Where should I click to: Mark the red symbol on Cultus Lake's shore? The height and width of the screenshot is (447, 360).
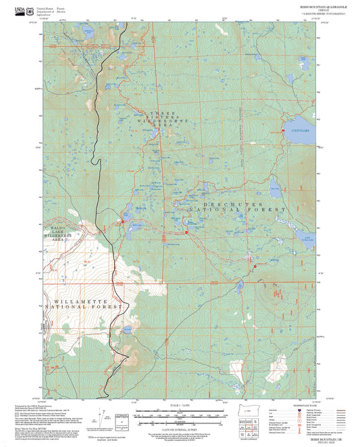pyautogui.click(x=282, y=129)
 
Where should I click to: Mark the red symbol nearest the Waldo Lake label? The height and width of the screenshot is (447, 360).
pyautogui.click(x=122, y=220)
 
